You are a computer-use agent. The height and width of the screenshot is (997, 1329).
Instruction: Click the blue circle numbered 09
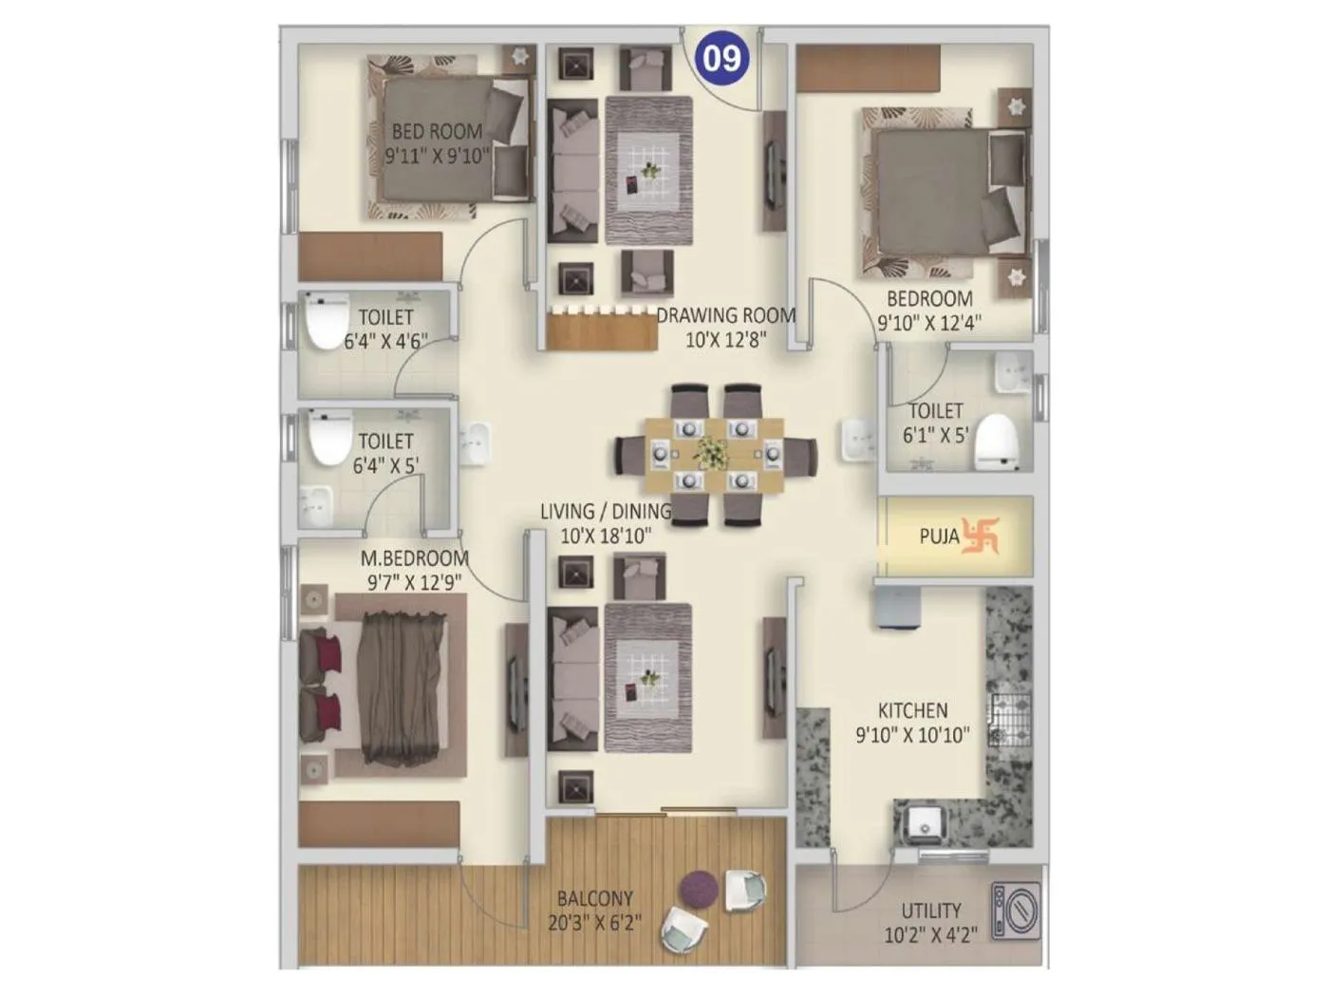click(x=722, y=58)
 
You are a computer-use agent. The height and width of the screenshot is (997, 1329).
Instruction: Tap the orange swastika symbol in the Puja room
click(x=981, y=536)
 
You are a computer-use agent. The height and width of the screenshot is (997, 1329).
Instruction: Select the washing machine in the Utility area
click(x=1015, y=912)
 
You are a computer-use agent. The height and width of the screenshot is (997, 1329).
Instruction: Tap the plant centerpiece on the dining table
click(x=710, y=453)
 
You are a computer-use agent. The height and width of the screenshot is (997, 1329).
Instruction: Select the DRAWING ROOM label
click(x=726, y=315)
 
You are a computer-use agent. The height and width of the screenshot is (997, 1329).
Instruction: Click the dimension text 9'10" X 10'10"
click(x=912, y=735)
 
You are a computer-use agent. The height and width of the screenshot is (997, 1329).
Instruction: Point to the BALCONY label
click(x=594, y=898)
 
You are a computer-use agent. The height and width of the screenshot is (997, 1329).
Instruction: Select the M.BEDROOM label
click(x=414, y=558)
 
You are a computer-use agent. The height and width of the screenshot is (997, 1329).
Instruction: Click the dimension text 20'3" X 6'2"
click(x=594, y=922)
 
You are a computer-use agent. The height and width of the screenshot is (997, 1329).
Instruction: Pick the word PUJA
click(x=939, y=536)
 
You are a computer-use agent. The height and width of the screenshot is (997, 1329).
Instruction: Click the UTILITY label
click(x=930, y=911)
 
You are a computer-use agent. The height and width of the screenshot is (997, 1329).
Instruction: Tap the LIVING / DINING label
click(x=606, y=512)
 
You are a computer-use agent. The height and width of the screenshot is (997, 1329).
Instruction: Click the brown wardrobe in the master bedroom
click(x=379, y=823)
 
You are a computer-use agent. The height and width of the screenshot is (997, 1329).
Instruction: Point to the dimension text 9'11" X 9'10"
click(x=437, y=156)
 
